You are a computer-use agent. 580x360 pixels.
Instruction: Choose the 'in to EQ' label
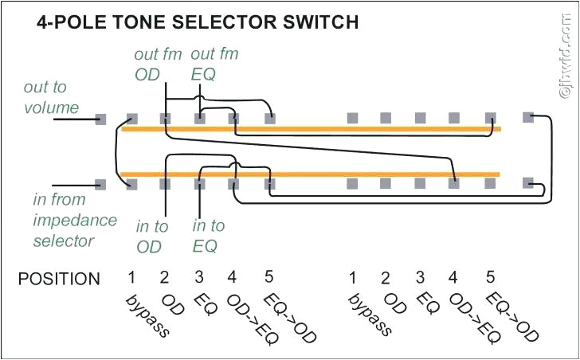(209, 237)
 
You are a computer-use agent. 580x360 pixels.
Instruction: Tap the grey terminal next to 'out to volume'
(100, 119)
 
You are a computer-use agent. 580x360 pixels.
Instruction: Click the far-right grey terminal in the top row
(527, 118)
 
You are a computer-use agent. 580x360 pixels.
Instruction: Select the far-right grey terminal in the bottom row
(527, 183)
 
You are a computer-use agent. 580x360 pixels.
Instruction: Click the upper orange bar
(311, 128)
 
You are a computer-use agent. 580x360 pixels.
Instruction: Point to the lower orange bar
(311, 174)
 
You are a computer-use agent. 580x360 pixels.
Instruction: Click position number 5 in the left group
(268, 277)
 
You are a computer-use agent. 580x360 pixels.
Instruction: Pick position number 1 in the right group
(351, 277)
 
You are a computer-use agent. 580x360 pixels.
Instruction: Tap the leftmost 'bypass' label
(148, 315)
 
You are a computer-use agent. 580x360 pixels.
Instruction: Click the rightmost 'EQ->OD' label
(511, 319)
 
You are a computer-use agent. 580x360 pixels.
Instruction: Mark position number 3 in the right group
(420, 277)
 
